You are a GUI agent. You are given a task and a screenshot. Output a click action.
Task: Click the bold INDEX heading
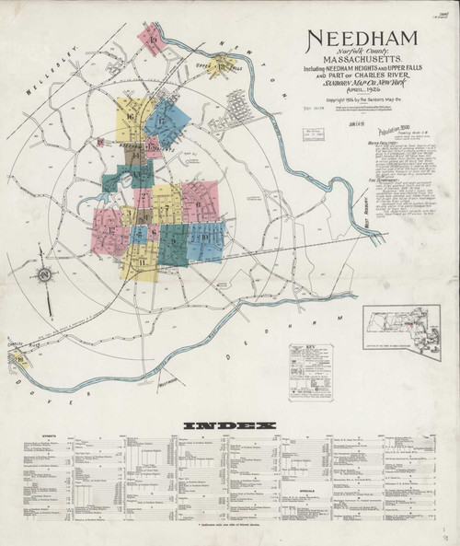[230, 425]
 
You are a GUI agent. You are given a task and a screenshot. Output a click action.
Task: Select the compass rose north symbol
[43, 276]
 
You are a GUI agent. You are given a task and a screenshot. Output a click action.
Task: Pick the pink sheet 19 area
[150, 39]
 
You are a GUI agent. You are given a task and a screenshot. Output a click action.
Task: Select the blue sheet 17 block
[167, 120]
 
